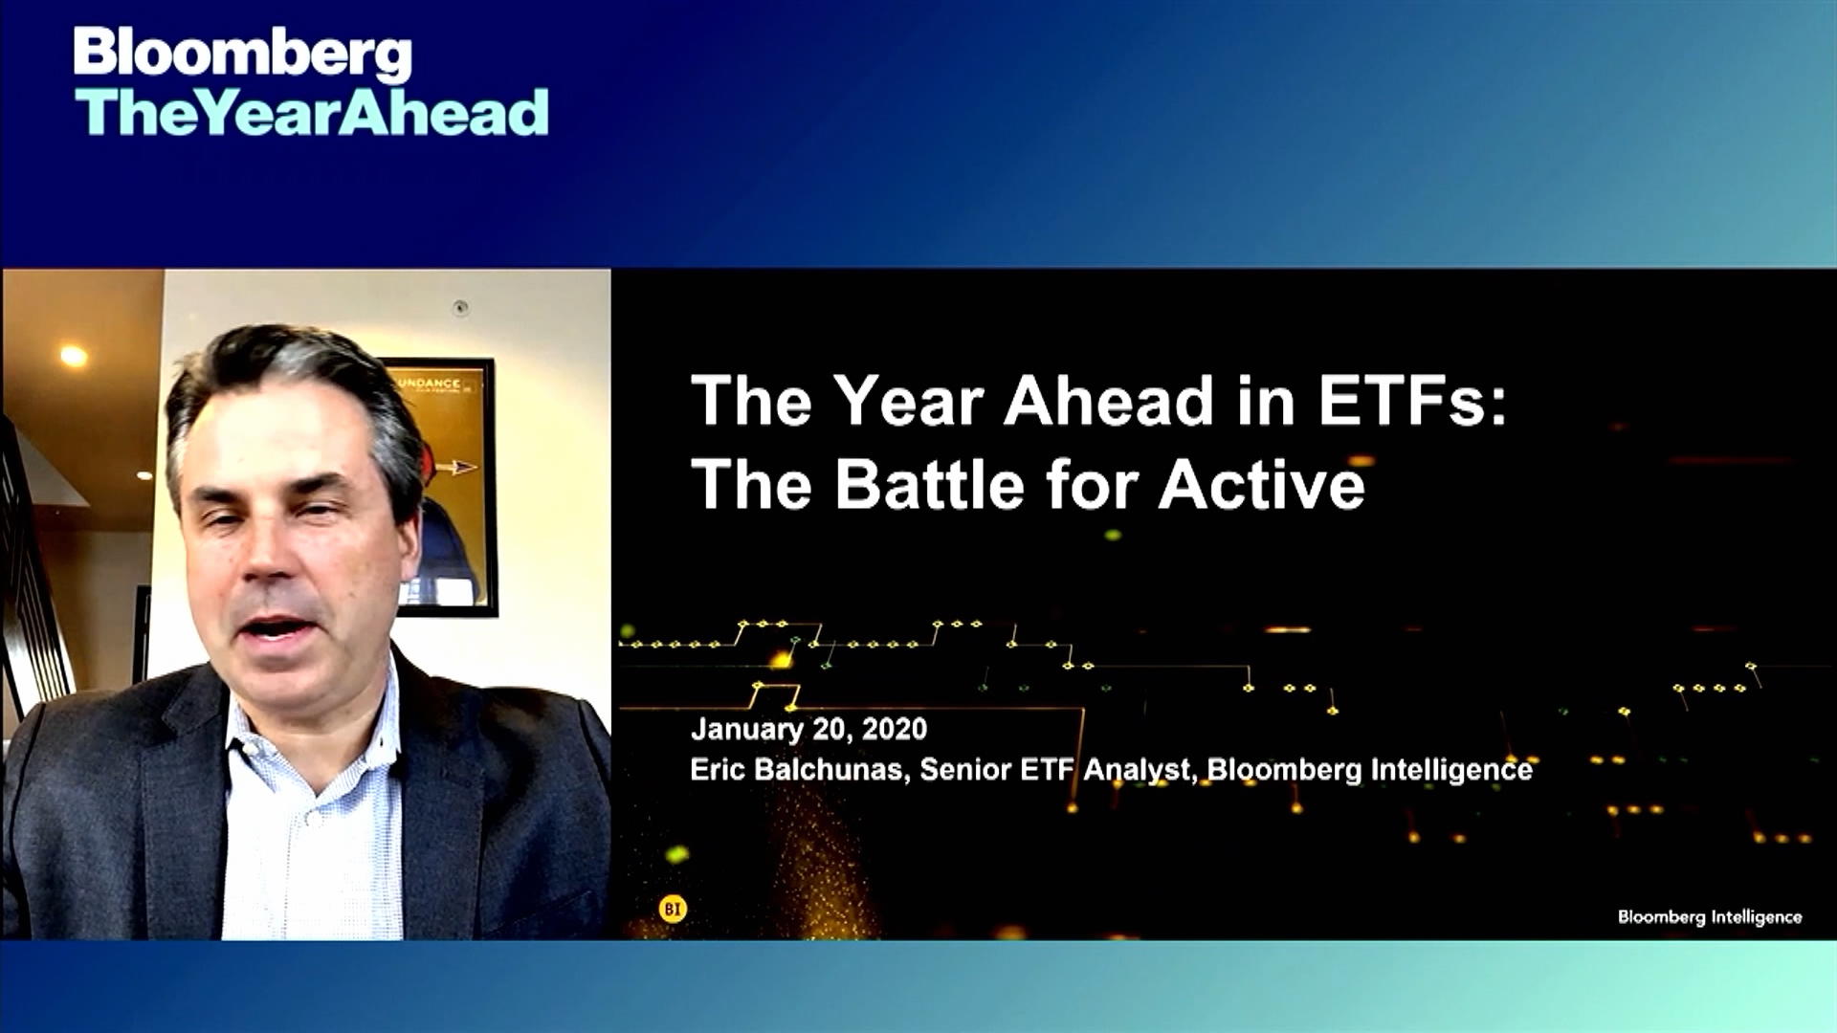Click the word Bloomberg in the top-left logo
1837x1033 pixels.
pyautogui.click(x=242, y=55)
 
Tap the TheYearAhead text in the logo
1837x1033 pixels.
pyautogui.click(x=312, y=113)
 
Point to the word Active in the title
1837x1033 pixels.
pyautogui.click(x=1261, y=484)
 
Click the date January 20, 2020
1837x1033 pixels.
pyautogui.click(x=808, y=729)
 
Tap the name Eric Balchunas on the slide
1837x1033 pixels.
pyautogui.click(x=797, y=770)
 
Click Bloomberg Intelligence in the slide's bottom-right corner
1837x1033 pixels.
pyautogui.click(x=1709, y=916)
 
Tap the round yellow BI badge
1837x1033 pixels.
pyautogui.click(x=673, y=909)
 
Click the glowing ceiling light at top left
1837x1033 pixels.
pyautogui.click(x=74, y=356)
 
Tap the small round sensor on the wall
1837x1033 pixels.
pyautogui.click(x=460, y=308)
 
